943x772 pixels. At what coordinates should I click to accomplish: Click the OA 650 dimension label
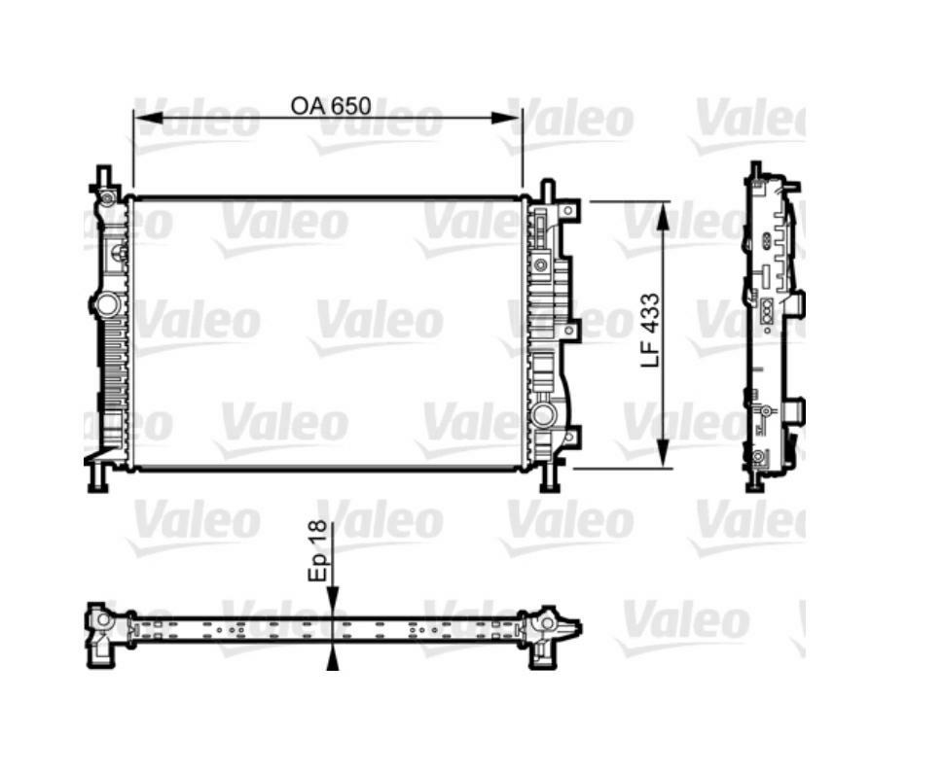(331, 105)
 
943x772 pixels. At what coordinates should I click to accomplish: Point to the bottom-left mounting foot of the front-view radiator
(96, 480)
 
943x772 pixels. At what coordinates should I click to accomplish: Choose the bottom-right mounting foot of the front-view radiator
(549, 480)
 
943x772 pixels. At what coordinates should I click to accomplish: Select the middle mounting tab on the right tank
(572, 332)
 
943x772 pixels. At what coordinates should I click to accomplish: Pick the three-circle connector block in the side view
(765, 309)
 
